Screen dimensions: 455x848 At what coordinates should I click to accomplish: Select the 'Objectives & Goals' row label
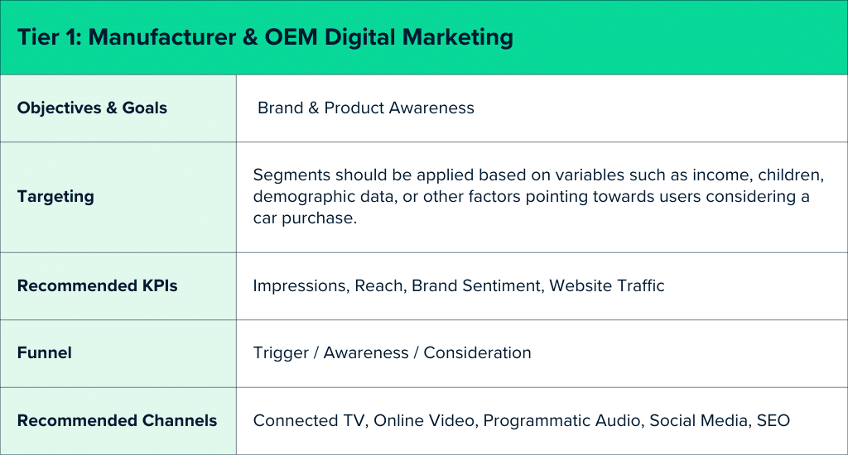[92, 108]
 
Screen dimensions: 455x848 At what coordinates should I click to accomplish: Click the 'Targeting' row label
[55, 197]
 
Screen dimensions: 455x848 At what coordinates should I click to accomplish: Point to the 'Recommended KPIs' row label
[97, 286]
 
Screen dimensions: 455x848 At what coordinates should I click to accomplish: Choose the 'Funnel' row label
[45, 353]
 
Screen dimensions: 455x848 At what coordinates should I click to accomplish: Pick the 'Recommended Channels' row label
[117, 420]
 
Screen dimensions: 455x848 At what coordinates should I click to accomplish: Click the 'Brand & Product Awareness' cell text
[366, 108]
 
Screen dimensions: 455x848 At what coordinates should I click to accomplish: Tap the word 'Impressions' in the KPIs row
[300, 286]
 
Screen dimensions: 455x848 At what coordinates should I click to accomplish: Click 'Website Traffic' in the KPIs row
[607, 286]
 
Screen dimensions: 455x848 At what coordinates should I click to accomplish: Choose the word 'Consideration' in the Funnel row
[477, 353]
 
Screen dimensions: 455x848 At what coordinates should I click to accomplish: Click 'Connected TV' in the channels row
[309, 420]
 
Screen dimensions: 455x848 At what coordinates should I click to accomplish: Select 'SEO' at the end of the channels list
[773, 420]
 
